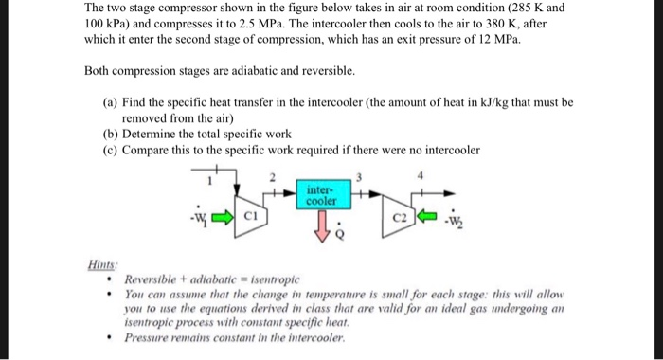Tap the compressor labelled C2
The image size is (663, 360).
tap(401, 216)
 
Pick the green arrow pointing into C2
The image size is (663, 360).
tap(428, 215)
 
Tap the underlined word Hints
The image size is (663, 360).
tap(99, 267)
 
